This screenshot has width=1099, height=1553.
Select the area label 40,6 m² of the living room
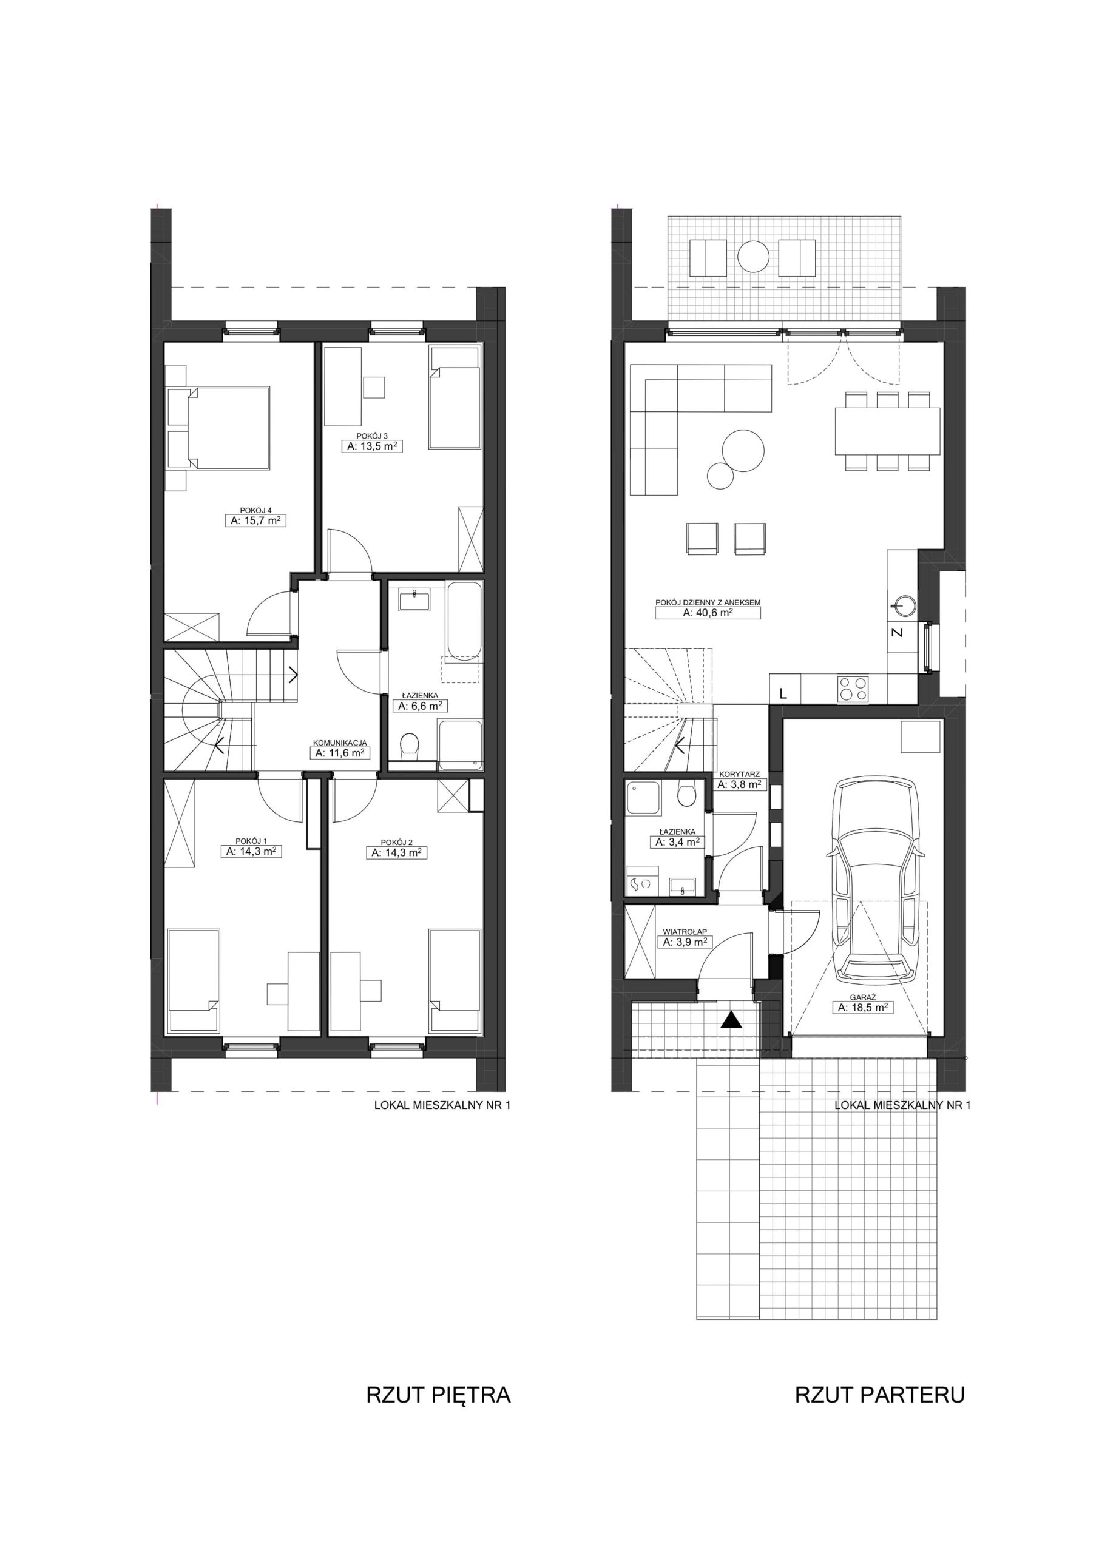(x=708, y=613)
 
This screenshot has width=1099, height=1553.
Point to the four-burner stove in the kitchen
(x=853, y=689)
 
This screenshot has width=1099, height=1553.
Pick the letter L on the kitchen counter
(x=783, y=693)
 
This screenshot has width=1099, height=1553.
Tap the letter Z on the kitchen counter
(x=898, y=633)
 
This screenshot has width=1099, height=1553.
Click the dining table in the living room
(x=887, y=431)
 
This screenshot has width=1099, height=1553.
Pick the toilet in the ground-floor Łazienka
(x=687, y=795)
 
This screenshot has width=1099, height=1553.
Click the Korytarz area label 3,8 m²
(x=740, y=784)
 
